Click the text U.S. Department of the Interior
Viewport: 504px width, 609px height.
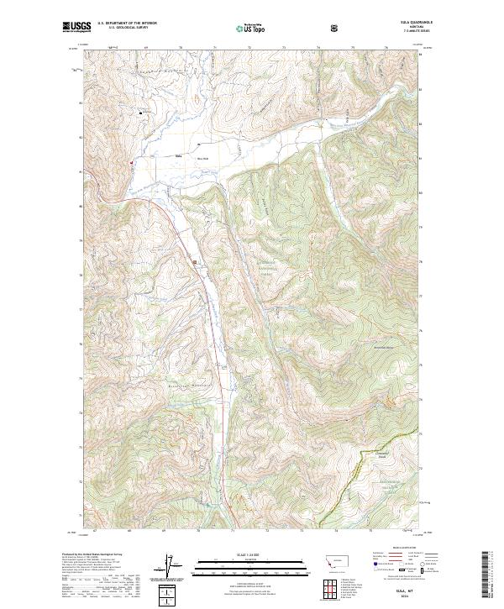point(126,24)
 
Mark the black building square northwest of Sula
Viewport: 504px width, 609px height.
point(141,111)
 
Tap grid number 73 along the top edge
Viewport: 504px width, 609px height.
point(284,48)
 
